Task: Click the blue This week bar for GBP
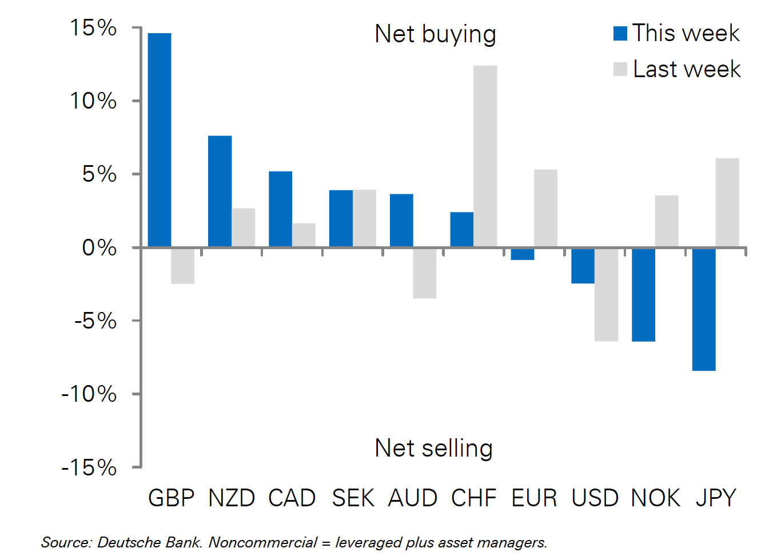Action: [160, 140]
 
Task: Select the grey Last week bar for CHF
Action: [485, 156]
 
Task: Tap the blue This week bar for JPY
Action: [704, 309]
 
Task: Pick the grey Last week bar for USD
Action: [606, 294]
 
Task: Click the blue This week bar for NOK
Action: [643, 294]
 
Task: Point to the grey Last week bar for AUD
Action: [425, 273]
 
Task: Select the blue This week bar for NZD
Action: [220, 191]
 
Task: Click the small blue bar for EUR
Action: [523, 254]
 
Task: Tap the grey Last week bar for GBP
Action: [183, 266]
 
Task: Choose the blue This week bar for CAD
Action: [280, 209]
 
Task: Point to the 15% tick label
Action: [93, 27]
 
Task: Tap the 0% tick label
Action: [99, 247]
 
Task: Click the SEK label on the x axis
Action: [353, 498]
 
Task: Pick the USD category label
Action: [595, 498]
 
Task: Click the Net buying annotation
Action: [435, 34]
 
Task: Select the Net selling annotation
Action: [433, 448]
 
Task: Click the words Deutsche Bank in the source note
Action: [149, 542]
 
